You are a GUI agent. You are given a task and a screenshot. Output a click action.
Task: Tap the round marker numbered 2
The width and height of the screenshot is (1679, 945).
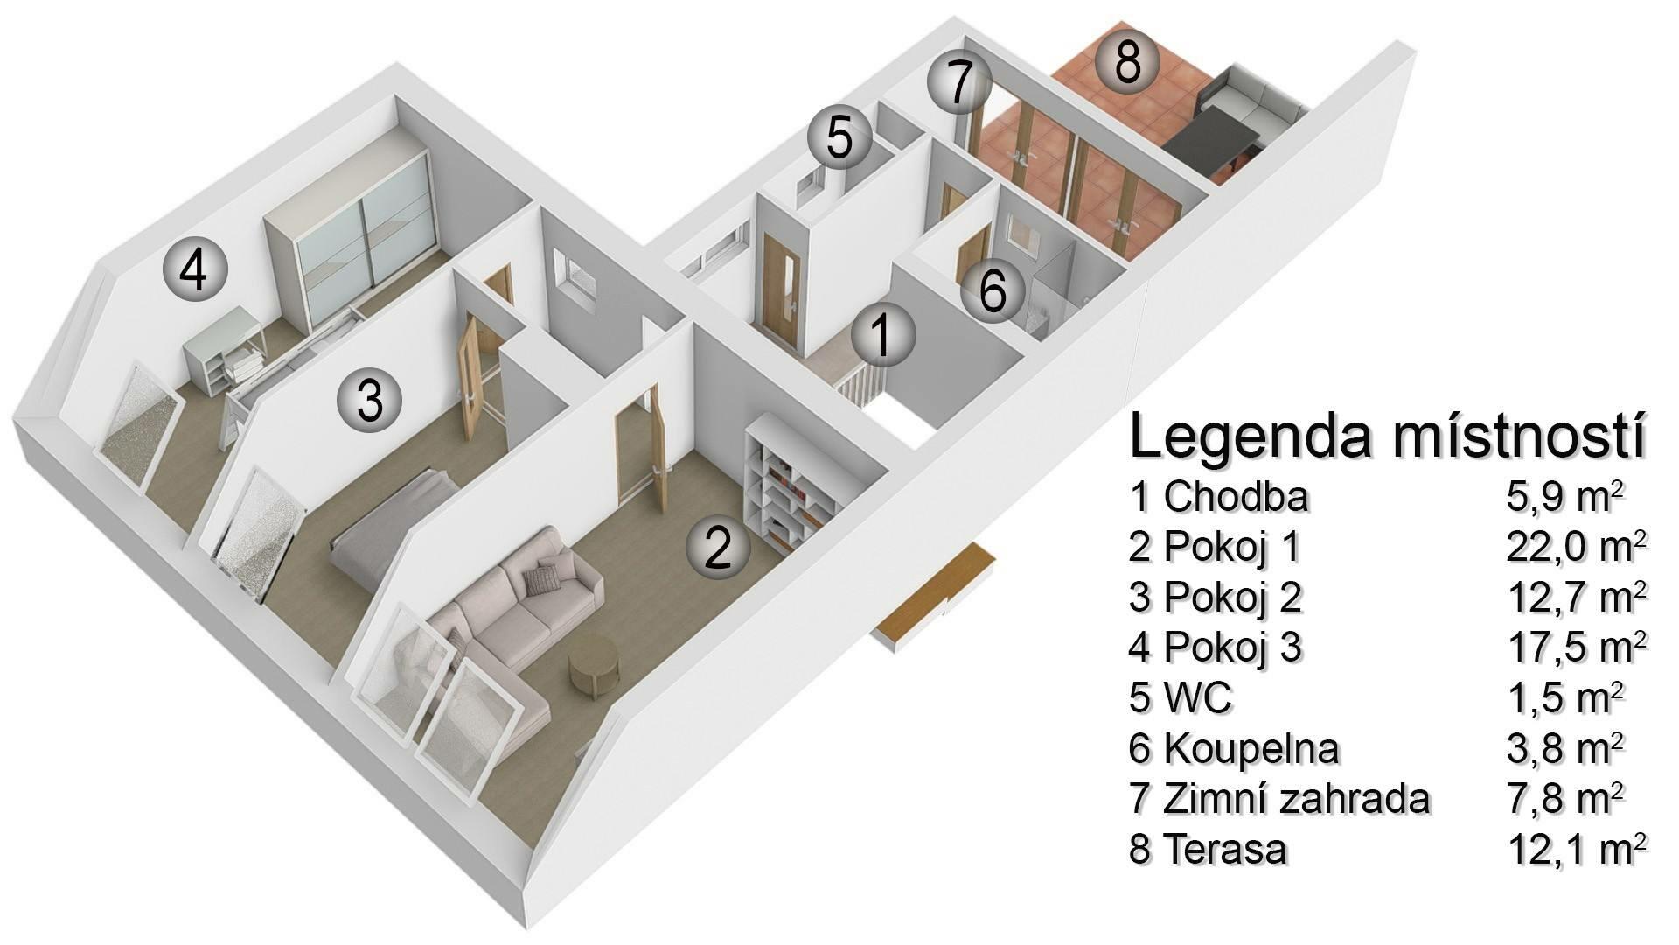(718, 548)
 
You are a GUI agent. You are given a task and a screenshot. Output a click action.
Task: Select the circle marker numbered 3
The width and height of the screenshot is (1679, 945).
(370, 401)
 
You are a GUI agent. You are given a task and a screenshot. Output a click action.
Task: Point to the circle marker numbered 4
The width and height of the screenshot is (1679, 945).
(194, 270)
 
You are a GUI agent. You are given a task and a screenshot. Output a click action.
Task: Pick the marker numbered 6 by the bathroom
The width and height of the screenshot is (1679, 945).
(993, 290)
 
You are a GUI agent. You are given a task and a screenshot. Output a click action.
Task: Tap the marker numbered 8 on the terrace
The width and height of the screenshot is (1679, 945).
(1127, 62)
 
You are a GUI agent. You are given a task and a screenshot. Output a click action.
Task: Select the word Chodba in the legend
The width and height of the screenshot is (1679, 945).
(1236, 497)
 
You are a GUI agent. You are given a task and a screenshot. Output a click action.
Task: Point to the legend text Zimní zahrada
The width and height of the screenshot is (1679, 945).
(1296, 799)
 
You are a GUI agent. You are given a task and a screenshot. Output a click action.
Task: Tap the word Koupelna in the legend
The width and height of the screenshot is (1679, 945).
(1251, 749)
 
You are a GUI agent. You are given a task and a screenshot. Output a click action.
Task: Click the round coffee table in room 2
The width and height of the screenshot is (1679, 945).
(594, 666)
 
